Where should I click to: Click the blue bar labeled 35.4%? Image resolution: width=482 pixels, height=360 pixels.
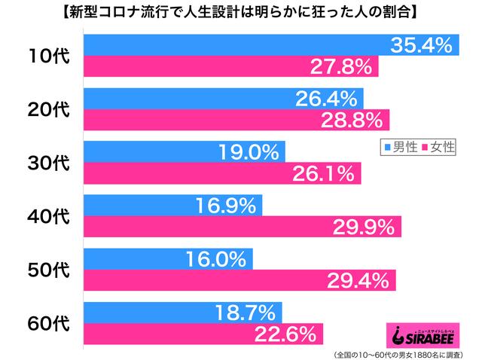pos(271,44)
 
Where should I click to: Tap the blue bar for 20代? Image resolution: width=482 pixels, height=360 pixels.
pos(223,98)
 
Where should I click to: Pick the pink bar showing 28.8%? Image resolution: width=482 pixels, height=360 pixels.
pos(236,119)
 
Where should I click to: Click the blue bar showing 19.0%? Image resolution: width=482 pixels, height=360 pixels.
pos(192,152)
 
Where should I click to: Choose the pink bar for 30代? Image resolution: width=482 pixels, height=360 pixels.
pos(222,173)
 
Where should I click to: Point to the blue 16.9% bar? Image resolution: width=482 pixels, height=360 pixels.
pos(172,206)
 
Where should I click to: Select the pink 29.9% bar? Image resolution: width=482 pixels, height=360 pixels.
pos(242,227)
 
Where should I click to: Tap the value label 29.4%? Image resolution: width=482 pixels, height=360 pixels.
pos(358,281)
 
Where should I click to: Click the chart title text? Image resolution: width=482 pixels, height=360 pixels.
pos(241,14)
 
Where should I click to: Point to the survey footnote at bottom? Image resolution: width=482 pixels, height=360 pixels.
pos(400,353)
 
